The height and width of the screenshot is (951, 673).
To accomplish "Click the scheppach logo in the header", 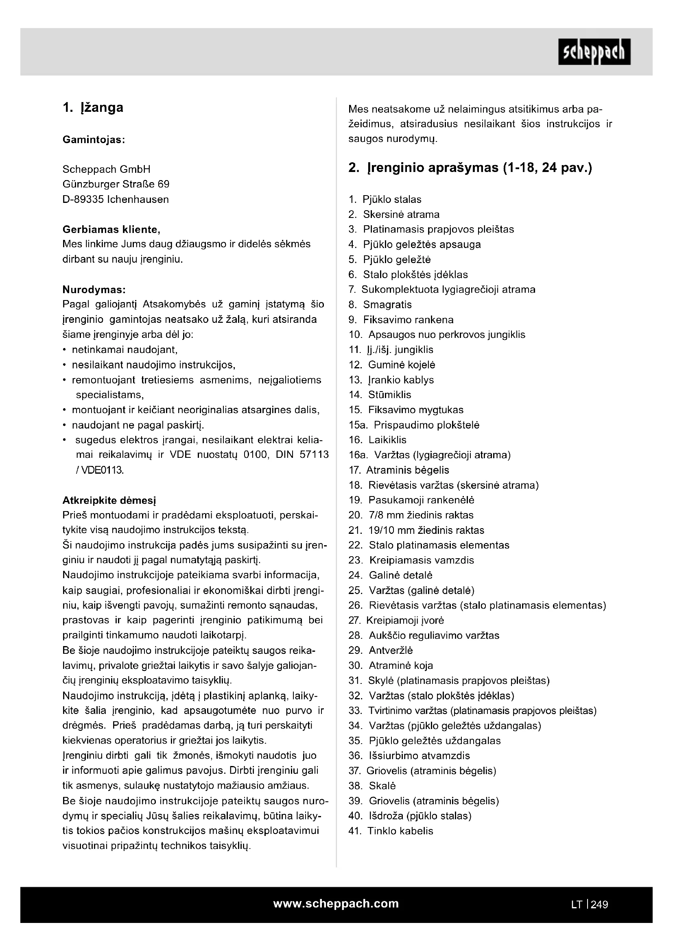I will [594, 52].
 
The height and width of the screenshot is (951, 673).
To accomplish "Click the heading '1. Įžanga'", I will [93, 108].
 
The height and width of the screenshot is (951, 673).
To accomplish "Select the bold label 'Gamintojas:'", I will [94, 140].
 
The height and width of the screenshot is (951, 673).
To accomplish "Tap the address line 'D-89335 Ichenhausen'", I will [116, 199].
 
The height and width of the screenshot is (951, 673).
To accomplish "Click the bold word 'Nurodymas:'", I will [94, 289].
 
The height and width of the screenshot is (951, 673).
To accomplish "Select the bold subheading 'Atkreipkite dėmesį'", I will [109, 500].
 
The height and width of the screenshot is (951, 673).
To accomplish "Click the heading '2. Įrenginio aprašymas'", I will [470, 168].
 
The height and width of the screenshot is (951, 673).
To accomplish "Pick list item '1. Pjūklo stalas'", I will [385, 199].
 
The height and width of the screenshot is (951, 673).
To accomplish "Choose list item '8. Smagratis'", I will [380, 305].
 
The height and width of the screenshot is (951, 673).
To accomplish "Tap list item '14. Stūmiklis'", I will [380, 395].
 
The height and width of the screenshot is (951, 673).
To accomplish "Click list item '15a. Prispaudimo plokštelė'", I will [413, 425].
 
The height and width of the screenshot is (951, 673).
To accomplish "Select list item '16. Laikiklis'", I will [378, 440].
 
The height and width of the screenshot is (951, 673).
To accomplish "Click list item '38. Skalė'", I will [372, 786].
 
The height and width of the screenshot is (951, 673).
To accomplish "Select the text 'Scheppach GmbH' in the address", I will [106, 169].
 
